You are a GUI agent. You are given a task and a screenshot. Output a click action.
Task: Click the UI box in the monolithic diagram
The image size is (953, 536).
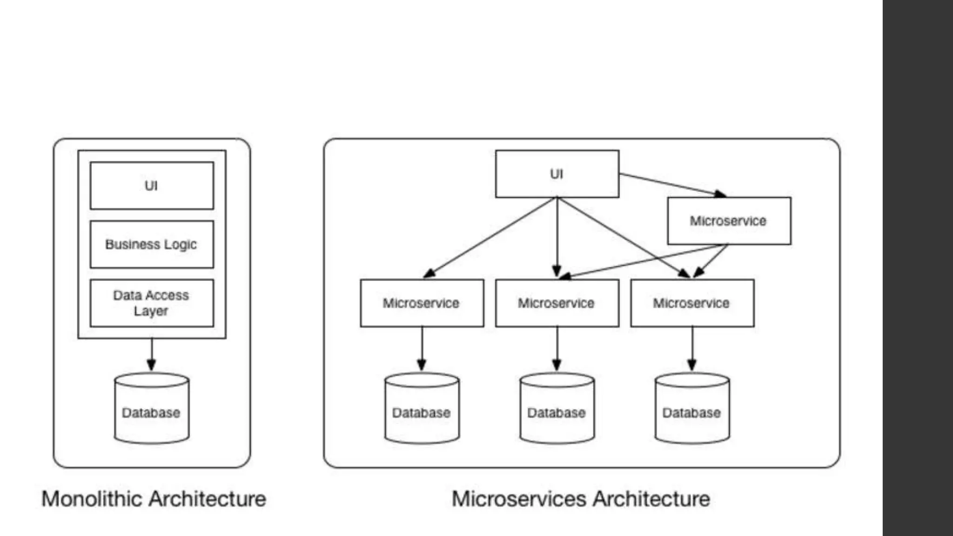click(x=152, y=186)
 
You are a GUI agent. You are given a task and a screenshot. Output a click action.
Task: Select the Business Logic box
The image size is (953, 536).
click(x=152, y=244)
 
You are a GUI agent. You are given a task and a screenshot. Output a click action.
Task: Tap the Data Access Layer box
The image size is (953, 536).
click(x=152, y=303)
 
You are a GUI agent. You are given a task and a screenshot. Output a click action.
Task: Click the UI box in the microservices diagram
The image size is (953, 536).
click(x=557, y=174)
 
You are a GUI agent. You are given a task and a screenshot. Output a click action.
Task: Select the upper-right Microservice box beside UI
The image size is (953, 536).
click(x=729, y=221)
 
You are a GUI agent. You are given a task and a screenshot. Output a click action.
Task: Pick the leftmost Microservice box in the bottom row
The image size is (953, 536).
click(x=422, y=303)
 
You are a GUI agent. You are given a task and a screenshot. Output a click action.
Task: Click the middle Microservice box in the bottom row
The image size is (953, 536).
click(x=557, y=303)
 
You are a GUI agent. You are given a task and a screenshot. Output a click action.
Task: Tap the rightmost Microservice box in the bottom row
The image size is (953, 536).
click(x=692, y=303)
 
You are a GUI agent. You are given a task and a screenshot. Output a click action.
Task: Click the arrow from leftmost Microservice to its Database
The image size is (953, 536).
click(x=422, y=349)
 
